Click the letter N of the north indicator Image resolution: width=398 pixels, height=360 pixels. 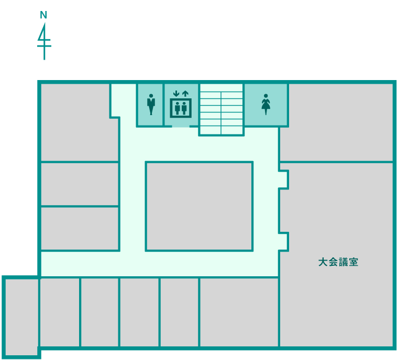(43, 15)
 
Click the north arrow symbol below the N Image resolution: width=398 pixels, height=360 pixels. (45, 41)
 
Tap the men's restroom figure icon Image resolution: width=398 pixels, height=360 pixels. (151, 104)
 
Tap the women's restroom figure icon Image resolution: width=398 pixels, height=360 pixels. (266, 104)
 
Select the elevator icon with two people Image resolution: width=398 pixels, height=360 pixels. (181, 108)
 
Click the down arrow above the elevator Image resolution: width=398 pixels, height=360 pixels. (176, 94)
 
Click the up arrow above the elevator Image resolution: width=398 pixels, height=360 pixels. (185, 94)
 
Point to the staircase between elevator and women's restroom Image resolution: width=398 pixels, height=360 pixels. (221, 109)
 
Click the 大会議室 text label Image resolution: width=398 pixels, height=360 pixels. (338, 262)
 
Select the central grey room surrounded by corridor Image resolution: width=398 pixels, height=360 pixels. (199, 206)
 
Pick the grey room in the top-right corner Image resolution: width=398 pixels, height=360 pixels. (337, 122)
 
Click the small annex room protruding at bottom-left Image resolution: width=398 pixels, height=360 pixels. (21, 317)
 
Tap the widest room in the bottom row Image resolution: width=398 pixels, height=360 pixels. (239, 312)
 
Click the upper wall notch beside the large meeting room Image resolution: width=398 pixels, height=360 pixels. (284, 179)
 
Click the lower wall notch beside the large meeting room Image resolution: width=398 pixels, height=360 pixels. (284, 242)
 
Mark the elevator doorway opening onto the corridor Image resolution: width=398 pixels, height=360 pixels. (181, 126)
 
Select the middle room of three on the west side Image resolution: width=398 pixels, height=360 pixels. (80, 184)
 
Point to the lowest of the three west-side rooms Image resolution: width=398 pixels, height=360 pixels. (80, 229)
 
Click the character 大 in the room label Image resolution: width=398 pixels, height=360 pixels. (323, 262)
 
